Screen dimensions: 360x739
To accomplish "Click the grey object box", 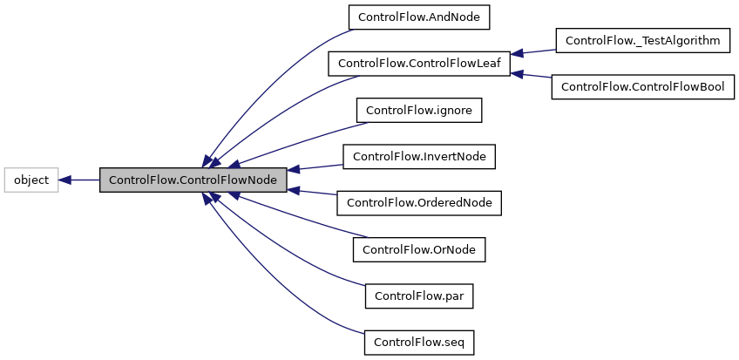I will click(x=31, y=180).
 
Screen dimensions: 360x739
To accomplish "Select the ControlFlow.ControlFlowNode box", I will click(x=193, y=180).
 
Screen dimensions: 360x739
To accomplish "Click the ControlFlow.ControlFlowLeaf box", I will click(x=417, y=64).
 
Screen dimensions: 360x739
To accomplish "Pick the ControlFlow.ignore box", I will click(x=419, y=111).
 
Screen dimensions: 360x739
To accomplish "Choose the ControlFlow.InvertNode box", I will click(x=419, y=157).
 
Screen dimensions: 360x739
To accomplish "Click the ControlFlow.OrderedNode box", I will click(x=419, y=203).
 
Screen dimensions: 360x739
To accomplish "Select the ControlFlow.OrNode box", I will click(x=419, y=249).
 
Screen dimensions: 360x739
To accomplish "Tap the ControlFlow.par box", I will click(x=419, y=295).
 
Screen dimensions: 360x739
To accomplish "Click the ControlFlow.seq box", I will click(x=419, y=343).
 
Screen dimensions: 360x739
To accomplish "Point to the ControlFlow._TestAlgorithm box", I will click(x=643, y=40).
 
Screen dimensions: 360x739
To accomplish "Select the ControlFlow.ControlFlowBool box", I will click(x=643, y=87).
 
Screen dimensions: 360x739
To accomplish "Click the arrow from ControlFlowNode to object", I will click(x=79, y=180).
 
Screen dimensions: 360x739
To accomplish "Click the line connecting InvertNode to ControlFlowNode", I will click(x=317, y=166).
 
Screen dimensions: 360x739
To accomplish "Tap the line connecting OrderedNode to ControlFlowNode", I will click(x=314, y=193).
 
